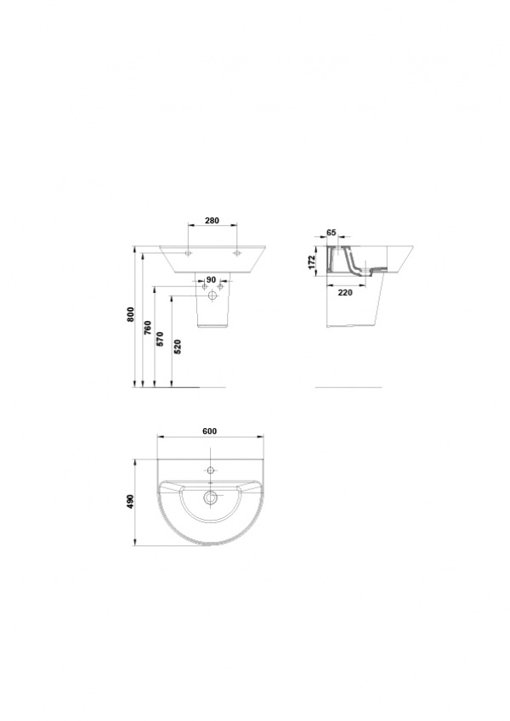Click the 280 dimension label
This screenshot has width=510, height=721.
[x=212, y=221]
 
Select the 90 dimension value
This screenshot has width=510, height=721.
[x=212, y=279]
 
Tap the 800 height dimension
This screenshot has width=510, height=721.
[x=131, y=314]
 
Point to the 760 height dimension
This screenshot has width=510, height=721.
[x=147, y=328]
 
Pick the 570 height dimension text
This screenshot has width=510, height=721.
[x=160, y=339]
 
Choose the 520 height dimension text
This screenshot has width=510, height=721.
[x=178, y=346]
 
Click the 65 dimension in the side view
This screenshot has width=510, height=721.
[x=331, y=232]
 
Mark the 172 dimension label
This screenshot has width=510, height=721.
[x=312, y=262]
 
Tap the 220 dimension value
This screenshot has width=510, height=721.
[x=345, y=292]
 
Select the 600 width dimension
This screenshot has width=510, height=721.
[x=209, y=431]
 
